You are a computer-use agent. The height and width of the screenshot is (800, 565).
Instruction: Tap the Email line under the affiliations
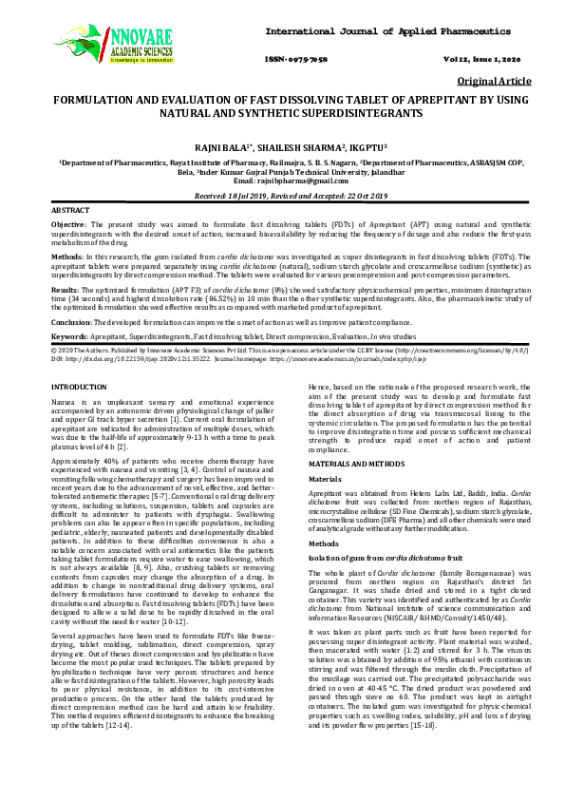281,179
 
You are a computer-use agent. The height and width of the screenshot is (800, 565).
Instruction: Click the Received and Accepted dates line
281,193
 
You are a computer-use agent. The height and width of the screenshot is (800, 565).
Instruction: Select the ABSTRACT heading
70,209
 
